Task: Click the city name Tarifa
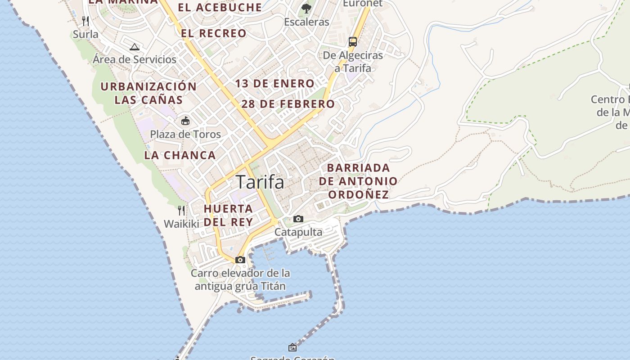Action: (x=260, y=182)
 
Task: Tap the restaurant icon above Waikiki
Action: (x=181, y=210)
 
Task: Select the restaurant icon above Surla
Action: (x=85, y=21)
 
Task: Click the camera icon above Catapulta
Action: (x=298, y=219)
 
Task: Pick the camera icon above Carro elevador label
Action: (x=240, y=260)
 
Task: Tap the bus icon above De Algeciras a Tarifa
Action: (x=353, y=42)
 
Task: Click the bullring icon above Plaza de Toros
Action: (x=185, y=121)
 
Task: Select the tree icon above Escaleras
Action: (x=306, y=8)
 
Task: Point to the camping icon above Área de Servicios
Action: (x=135, y=47)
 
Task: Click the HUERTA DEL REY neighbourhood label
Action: (x=228, y=215)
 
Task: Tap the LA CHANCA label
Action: (x=180, y=155)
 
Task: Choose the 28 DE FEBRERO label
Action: (x=288, y=104)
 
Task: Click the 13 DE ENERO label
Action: (x=274, y=83)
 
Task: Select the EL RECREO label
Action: (x=214, y=33)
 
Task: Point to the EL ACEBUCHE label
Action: (x=220, y=7)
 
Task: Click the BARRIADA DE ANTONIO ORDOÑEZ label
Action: (x=359, y=181)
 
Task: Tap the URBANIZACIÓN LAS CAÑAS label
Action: (x=148, y=93)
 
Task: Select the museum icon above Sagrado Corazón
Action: (x=292, y=347)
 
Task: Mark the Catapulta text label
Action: (x=298, y=232)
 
